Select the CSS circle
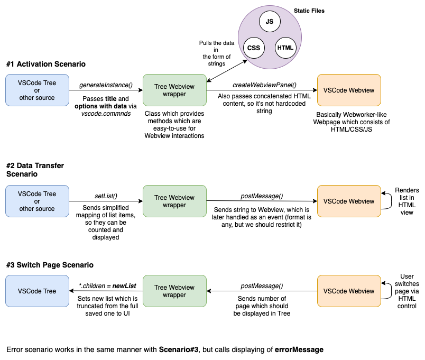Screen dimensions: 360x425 coord(253,48)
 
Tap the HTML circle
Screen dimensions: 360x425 coord(285,48)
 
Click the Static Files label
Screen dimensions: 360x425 coord(309,11)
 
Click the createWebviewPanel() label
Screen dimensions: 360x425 coord(264,85)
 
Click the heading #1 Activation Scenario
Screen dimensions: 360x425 coord(46,64)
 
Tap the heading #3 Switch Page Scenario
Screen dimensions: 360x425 coord(50,265)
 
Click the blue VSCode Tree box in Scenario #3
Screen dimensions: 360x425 coord(37,291)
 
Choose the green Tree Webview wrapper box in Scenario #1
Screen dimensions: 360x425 coord(174,90)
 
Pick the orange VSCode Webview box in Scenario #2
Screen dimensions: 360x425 coord(348,201)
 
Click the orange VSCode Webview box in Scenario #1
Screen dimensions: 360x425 coord(348,90)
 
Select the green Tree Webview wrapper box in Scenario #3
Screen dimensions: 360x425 coord(174,291)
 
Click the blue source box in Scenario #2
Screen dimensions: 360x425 coord(37,201)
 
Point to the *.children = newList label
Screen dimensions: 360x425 coord(107,286)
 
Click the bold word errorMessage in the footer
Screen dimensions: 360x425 coord(299,349)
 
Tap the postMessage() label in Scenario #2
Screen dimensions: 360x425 coord(262,196)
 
